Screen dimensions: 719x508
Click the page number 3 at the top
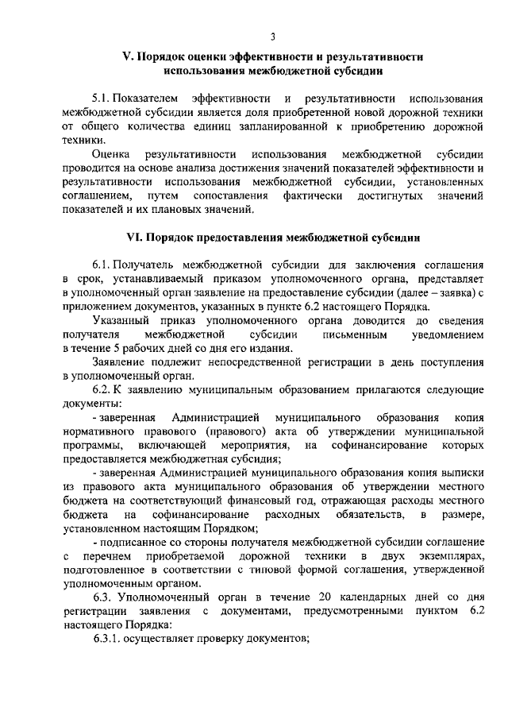(272, 37)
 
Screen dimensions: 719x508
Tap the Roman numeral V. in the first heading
(126, 57)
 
